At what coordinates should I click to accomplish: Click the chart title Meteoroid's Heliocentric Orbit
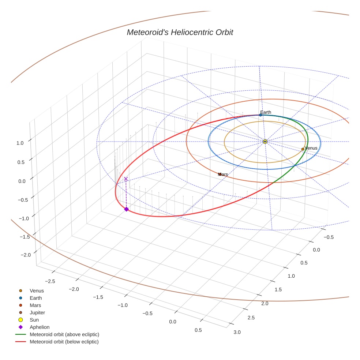click(180, 33)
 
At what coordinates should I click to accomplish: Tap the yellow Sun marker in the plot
click(265, 141)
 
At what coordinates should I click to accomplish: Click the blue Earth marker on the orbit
click(260, 115)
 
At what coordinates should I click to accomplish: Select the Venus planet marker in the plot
click(303, 149)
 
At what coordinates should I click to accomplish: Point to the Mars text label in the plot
click(223, 175)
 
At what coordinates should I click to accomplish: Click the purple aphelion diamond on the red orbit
click(126, 209)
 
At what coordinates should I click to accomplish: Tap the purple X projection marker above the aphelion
click(126, 179)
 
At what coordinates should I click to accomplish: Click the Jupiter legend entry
click(37, 312)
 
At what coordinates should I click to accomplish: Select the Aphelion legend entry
click(40, 327)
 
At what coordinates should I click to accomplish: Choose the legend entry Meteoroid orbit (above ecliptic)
click(64, 334)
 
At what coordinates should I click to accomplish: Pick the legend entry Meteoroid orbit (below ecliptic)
click(64, 342)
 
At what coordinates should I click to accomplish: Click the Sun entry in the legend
click(35, 320)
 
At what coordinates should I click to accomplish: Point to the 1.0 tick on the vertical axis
click(20, 143)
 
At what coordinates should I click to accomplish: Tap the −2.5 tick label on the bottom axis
click(50, 281)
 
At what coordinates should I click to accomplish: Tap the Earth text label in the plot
click(266, 112)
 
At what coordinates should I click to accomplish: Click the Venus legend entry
click(37, 290)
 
